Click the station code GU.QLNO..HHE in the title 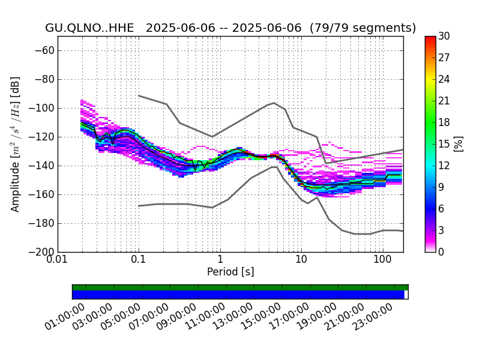click(89, 28)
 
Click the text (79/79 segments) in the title click(363, 28)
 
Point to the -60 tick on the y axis click(44, 50)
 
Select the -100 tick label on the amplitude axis click(41, 108)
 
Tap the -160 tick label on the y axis click(41, 194)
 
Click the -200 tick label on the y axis click(41, 252)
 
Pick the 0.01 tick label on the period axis click(58, 260)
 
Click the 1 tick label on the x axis click(220, 260)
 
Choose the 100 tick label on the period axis click(383, 260)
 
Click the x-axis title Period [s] click(230, 272)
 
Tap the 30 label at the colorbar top click(444, 36)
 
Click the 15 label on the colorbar click(444, 144)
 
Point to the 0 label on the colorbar click(441, 252)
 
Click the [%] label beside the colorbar click(458, 144)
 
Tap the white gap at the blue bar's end click(406, 295)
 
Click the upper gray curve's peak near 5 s click(274, 103)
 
